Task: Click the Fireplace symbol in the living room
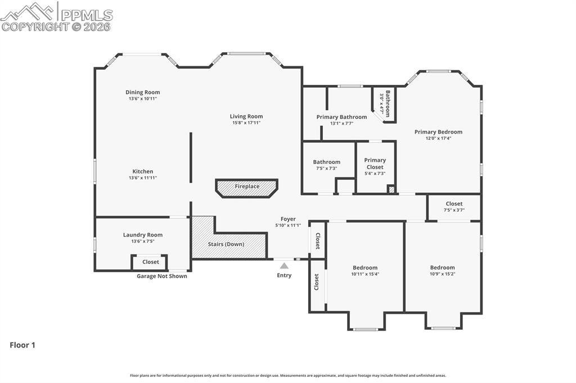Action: coord(247,188)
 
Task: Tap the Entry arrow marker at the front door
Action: coord(284,266)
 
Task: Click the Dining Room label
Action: coord(142,92)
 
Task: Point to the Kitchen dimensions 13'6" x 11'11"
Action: coord(142,177)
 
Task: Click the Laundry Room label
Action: coord(142,235)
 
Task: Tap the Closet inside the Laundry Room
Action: coord(150,262)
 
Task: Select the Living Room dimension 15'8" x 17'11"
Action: coord(246,122)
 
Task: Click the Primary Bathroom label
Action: coord(341,117)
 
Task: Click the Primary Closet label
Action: coord(375,163)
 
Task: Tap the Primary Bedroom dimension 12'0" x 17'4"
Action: coord(438,138)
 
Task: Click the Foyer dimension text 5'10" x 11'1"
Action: coord(288,225)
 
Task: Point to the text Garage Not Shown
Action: coord(162,276)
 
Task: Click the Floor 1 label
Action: coord(22,345)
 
